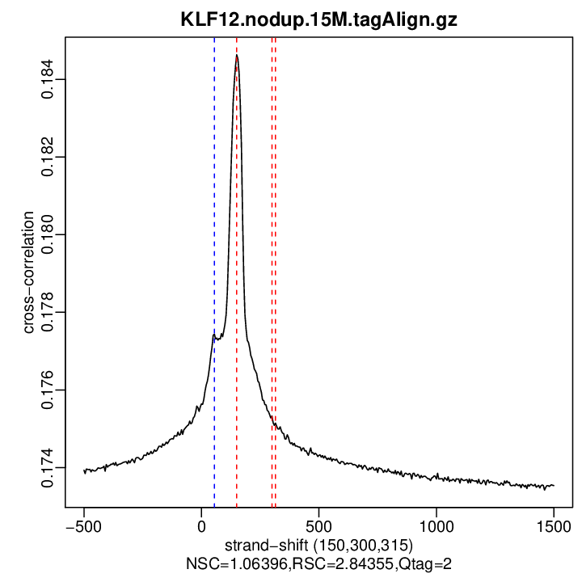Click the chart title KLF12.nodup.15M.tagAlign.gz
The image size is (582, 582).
[318, 20]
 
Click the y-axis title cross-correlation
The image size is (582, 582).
[29, 272]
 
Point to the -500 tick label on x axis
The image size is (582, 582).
[84, 525]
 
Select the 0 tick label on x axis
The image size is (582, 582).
[201, 525]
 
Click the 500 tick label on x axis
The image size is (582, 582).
[318, 525]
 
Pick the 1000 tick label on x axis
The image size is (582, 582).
[436, 525]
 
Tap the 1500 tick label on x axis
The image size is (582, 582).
[554, 525]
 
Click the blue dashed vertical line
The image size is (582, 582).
[214, 242]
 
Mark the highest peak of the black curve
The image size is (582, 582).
[236, 56]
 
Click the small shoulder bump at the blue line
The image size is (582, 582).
[213, 335]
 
